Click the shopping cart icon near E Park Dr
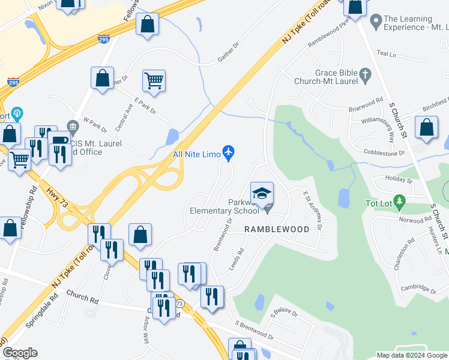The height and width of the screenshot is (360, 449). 154,80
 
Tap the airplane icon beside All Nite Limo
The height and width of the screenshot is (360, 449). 228,153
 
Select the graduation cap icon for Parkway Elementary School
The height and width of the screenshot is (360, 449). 262,193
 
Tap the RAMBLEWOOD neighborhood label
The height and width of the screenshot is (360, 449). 277,229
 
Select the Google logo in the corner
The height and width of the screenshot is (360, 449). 20,353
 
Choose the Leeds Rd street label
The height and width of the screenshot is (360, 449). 237,259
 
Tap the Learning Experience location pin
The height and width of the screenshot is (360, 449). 376,22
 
